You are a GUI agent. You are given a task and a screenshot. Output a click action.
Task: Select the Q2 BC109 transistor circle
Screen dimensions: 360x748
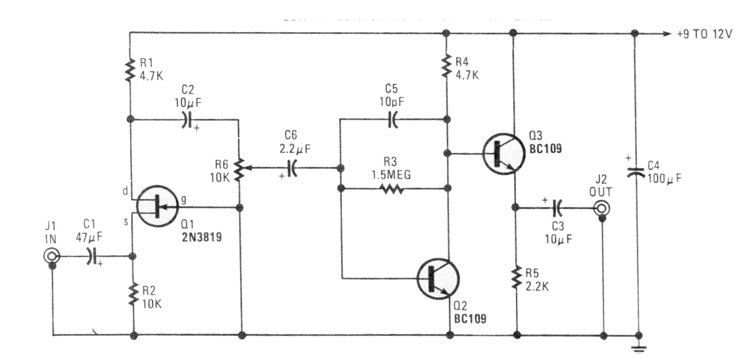tap(438, 279)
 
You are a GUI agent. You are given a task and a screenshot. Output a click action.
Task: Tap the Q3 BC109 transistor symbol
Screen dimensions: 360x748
tap(503, 154)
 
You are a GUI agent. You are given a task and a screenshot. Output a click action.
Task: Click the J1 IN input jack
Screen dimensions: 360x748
tap(52, 256)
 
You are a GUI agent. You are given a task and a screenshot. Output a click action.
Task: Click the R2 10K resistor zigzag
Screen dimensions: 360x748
tap(134, 295)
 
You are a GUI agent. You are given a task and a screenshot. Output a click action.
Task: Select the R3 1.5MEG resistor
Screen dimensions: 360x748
tap(394, 188)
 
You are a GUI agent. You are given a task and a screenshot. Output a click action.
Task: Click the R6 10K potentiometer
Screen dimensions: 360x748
tap(241, 169)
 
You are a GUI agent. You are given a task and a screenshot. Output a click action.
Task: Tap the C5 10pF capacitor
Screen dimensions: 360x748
tap(392, 120)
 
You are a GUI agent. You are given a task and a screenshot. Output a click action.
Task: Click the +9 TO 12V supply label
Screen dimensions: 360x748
tap(705, 34)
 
